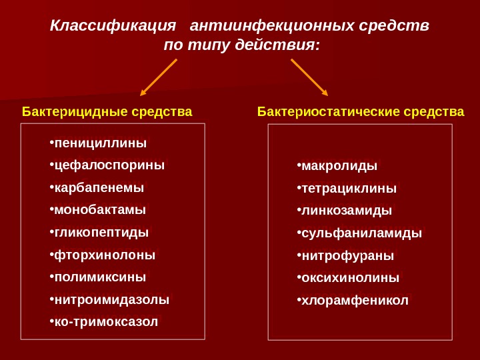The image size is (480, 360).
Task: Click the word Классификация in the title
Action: click(113, 26)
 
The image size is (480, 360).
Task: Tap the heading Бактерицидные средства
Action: click(107, 111)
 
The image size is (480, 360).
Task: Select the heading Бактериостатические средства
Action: click(361, 111)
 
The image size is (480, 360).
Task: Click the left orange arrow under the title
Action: click(159, 77)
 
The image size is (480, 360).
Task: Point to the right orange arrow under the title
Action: click(309, 77)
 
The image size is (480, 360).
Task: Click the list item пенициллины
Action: click(100, 143)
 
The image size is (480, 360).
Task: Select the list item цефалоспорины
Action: click(109, 165)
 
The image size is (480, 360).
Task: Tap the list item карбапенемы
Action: click(99, 188)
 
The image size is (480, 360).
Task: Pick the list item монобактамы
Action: click(100, 210)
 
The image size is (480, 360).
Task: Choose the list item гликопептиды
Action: click(101, 233)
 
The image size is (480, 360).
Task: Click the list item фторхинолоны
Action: click(105, 255)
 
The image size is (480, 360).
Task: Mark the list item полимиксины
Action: click(100, 277)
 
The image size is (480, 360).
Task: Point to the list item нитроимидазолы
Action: click(111, 300)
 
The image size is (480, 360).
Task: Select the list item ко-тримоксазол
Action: click(106, 322)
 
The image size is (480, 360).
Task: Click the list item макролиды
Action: click(339, 166)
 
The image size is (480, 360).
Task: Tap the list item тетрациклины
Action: click(349, 189)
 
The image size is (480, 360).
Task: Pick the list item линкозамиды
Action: click(347, 211)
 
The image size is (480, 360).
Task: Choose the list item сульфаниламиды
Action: click(361, 233)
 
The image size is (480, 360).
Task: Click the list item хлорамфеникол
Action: click(355, 301)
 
